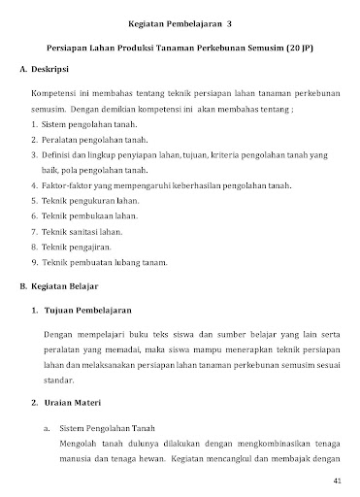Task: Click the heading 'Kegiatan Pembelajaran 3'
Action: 180,20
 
